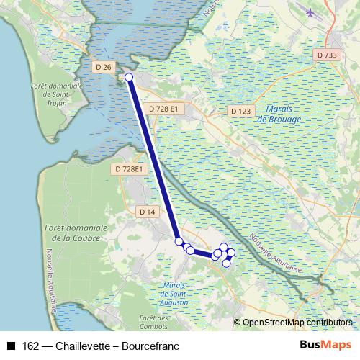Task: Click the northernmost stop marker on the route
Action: pyautogui.click(x=130, y=77)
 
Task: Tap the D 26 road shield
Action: pyautogui.click(x=103, y=67)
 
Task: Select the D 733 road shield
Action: pyautogui.click(x=326, y=55)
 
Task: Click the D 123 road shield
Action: pyautogui.click(x=241, y=112)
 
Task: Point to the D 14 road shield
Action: pyautogui.click(x=147, y=211)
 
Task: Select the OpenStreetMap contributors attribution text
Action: pyautogui.click(x=297, y=323)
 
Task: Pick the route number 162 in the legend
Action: pyautogui.click(x=31, y=346)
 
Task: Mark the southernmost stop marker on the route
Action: pyautogui.click(x=226, y=263)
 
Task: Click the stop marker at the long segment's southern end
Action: pyautogui.click(x=179, y=242)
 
